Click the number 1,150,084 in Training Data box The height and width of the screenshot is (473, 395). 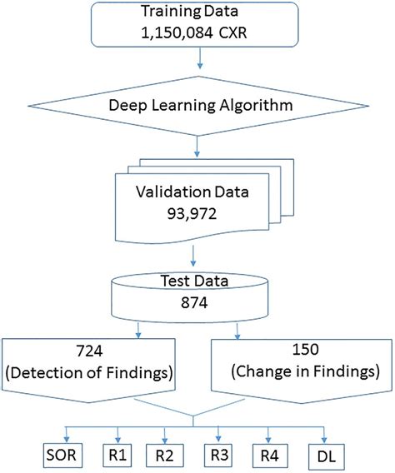tap(177, 37)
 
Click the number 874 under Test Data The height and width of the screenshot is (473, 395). tap(197, 305)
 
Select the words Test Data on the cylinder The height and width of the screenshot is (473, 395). tap(197, 281)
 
